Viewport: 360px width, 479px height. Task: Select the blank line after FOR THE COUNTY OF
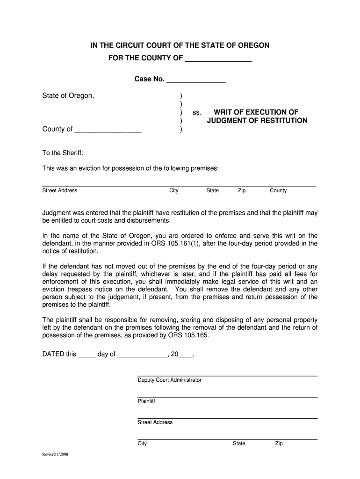(218, 59)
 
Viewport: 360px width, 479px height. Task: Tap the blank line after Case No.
(196, 80)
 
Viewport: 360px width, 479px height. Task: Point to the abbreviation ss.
(196, 112)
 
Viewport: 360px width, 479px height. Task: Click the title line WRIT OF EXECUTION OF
(256, 112)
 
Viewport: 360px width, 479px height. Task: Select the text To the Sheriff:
(63, 153)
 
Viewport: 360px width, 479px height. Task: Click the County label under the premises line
(278, 191)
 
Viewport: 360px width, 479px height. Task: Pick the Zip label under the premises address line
(242, 191)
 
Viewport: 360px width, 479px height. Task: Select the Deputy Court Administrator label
(169, 380)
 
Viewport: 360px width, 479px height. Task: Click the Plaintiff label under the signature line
(146, 401)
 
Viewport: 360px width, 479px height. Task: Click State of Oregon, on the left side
(68, 96)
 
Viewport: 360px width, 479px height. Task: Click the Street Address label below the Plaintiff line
(155, 422)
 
